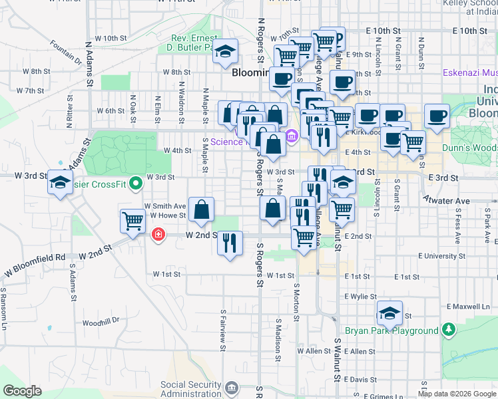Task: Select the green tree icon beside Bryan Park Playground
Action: (x=449, y=329)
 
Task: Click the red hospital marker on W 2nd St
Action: (x=158, y=234)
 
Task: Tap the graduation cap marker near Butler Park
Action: (x=225, y=52)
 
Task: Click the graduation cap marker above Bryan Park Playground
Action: (x=389, y=312)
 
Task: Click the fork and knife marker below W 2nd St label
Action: (x=230, y=242)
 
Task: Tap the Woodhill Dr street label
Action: (x=101, y=321)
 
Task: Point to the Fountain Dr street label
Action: (x=65, y=52)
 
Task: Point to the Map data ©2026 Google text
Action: (x=456, y=394)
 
